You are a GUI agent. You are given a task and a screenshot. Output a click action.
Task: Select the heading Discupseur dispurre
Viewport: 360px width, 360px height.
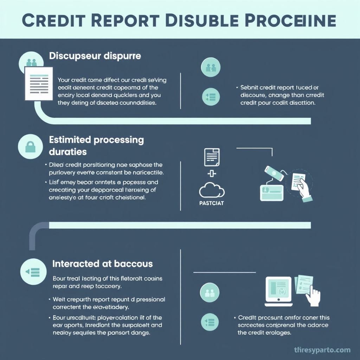coord(95,56)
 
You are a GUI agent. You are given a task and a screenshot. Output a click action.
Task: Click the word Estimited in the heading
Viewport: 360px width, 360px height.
coord(70,140)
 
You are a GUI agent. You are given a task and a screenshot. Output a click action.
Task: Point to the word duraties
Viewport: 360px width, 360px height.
coord(67,152)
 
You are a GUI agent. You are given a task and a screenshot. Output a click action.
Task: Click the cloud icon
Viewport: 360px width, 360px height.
coord(212,191)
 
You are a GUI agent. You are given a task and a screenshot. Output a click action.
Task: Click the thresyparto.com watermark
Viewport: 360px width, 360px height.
coord(322,350)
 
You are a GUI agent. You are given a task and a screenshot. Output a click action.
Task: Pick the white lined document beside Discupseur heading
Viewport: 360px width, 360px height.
coord(39,83)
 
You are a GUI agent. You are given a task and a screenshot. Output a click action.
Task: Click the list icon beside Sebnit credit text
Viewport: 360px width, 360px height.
coord(211,96)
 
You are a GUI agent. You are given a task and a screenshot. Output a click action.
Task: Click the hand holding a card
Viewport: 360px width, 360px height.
coord(302,188)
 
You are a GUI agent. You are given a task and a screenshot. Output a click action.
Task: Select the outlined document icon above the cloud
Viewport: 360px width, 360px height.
coord(212,157)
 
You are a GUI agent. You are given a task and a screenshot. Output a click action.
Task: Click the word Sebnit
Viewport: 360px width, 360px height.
coord(249,88)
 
